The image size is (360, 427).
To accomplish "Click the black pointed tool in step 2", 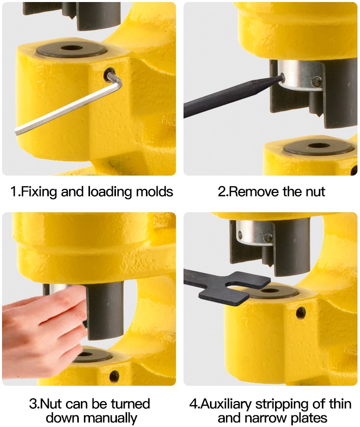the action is click(231, 99).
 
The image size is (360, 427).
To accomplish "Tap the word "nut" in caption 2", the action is click(314, 192).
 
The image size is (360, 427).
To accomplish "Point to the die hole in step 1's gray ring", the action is click(72, 49).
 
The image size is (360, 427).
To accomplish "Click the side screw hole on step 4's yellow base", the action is click(301, 312).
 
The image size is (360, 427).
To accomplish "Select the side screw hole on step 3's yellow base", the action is click(114, 377).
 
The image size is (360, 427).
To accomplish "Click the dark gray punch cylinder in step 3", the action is click(105, 311).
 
